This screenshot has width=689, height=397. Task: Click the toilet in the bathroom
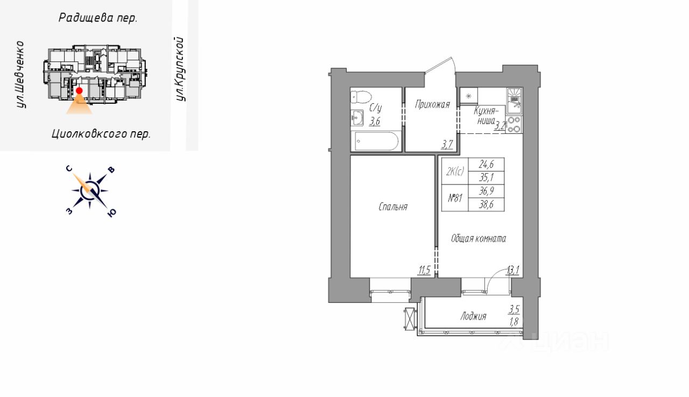pyautogui.click(x=361, y=97)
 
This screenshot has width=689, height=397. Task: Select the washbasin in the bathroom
pyautogui.click(x=357, y=118)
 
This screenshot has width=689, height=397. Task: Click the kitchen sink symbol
pyautogui.click(x=514, y=101)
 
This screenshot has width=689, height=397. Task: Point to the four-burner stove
pyautogui.click(x=514, y=124)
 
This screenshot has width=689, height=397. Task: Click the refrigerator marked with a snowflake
pyautogui.click(x=469, y=96)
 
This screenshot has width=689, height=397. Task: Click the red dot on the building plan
pyautogui.click(x=79, y=91)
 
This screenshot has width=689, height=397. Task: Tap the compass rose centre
pyautogui.click(x=90, y=191)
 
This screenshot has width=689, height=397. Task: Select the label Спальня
pyautogui.click(x=393, y=207)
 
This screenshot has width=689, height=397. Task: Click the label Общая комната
pyautogui.click(x=479, y=238)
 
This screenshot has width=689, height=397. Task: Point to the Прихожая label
pyautogui.click(x=432, y=105)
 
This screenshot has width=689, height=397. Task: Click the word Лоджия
pyautogui.click(x=473, y=316)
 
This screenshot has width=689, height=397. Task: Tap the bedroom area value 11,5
pyautogui.click(x=424, y=271)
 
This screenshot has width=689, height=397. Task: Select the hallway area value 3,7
pyautogui.click(x=447, y=144)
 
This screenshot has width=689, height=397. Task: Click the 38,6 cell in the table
pyautogui.click(x=486, y=204)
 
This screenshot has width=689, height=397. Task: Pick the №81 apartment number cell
pyautogui.click(x=455, y=198)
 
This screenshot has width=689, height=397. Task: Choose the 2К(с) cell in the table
pyautogui.click(x=455, y=172)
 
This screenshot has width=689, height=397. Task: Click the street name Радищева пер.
pyautogui.click(x=98, y=18)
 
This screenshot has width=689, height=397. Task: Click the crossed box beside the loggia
pyautogui.click(x=411, y=318)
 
